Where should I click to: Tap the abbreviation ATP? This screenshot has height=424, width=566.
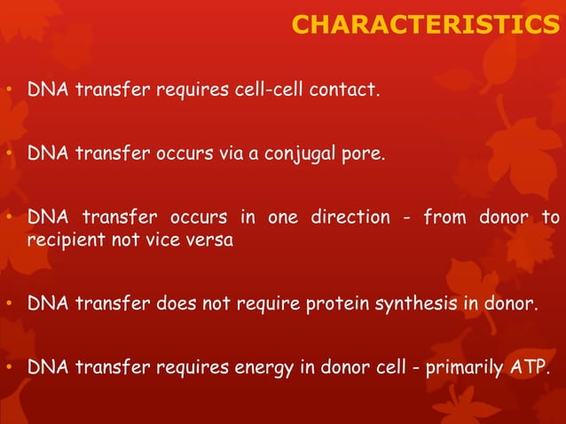coord(529,368)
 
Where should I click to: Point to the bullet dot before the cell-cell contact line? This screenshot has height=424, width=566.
coord(8,90)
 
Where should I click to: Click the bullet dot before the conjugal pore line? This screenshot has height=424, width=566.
coord(8,154)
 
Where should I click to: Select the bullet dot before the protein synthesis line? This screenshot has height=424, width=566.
coord(8,306)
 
